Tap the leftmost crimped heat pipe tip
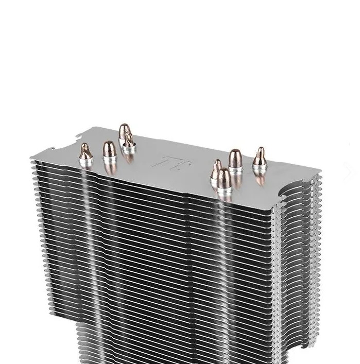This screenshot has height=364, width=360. [85, 152]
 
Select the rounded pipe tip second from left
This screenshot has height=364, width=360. [108, 150]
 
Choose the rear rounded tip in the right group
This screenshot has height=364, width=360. [235, 157]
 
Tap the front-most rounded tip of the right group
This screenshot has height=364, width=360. [224, 178]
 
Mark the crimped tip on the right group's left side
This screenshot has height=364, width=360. [216, 168]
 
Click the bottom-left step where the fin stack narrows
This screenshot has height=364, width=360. [77, 327]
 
